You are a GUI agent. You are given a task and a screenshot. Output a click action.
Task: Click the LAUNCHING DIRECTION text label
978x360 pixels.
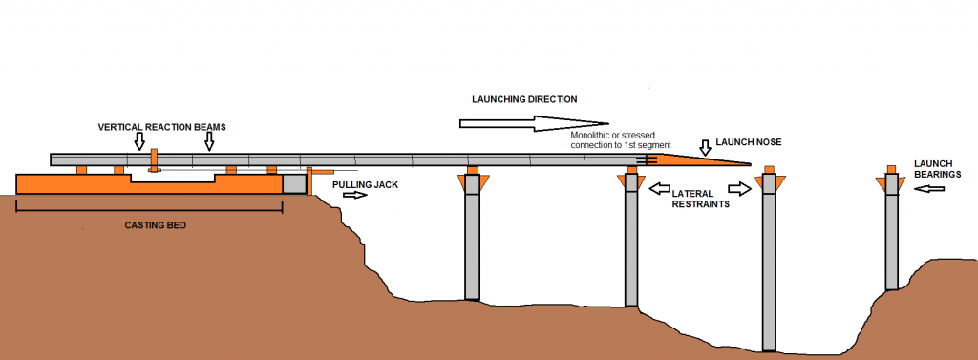pyautogui.click(x=524, y=99)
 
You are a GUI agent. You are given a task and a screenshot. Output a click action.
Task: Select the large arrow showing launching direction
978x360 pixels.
pyautogui.click(x=533, y=123)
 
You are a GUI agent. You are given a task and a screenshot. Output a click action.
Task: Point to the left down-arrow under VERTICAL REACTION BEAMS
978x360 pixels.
pyautogui.click(x=139, y=141)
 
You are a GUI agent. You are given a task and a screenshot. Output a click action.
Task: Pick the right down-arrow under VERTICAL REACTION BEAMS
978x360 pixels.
pyautogui.click(x=209, y=141)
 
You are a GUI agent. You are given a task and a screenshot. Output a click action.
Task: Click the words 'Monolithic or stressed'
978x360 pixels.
pyautogui.click(x=611, y=137)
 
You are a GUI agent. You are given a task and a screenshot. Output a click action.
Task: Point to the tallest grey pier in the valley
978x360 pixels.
pyautogui.click(x=769, y=272)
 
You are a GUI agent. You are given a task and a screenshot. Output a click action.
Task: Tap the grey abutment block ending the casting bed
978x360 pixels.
pyautogui.click(x=294, y=183)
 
